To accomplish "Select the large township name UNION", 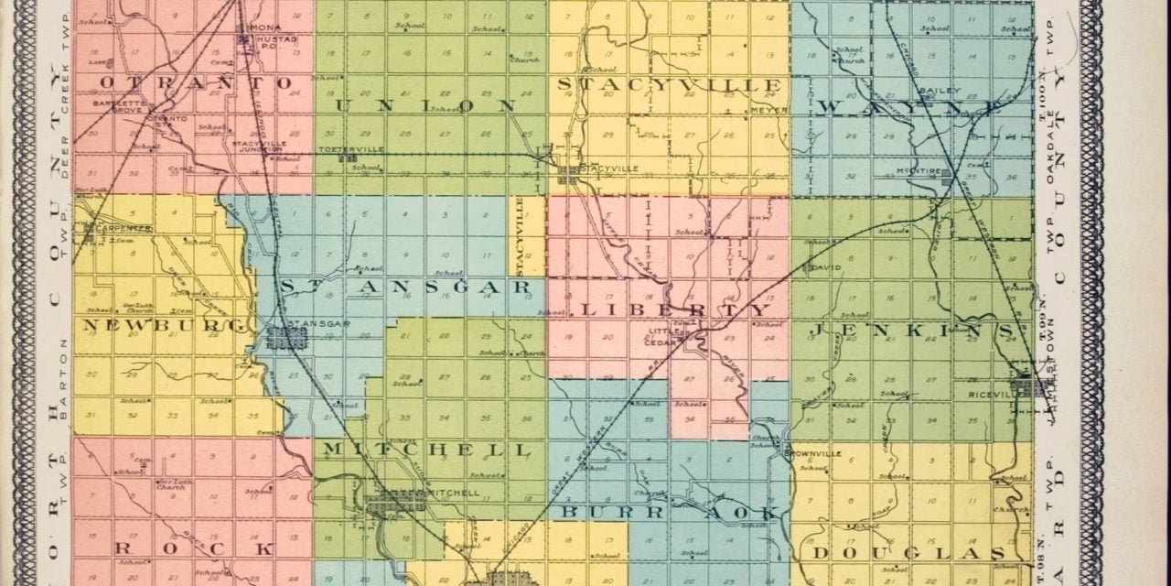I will point(426,104).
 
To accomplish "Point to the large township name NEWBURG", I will point(166,324).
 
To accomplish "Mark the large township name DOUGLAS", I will point(909,554).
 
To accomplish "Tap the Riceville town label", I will point(988,395).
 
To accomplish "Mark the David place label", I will point(827,269).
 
